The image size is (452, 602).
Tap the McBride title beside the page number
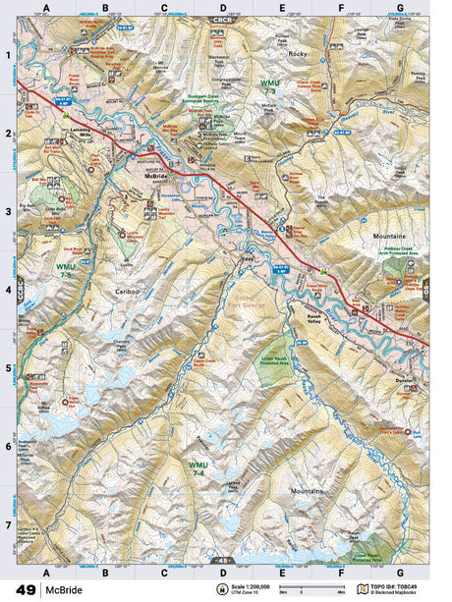63,590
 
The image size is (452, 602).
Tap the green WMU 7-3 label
270,87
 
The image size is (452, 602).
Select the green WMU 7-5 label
66,270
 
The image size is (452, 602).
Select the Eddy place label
249,258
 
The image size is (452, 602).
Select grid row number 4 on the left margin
8,290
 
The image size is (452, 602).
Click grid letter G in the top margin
399,8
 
